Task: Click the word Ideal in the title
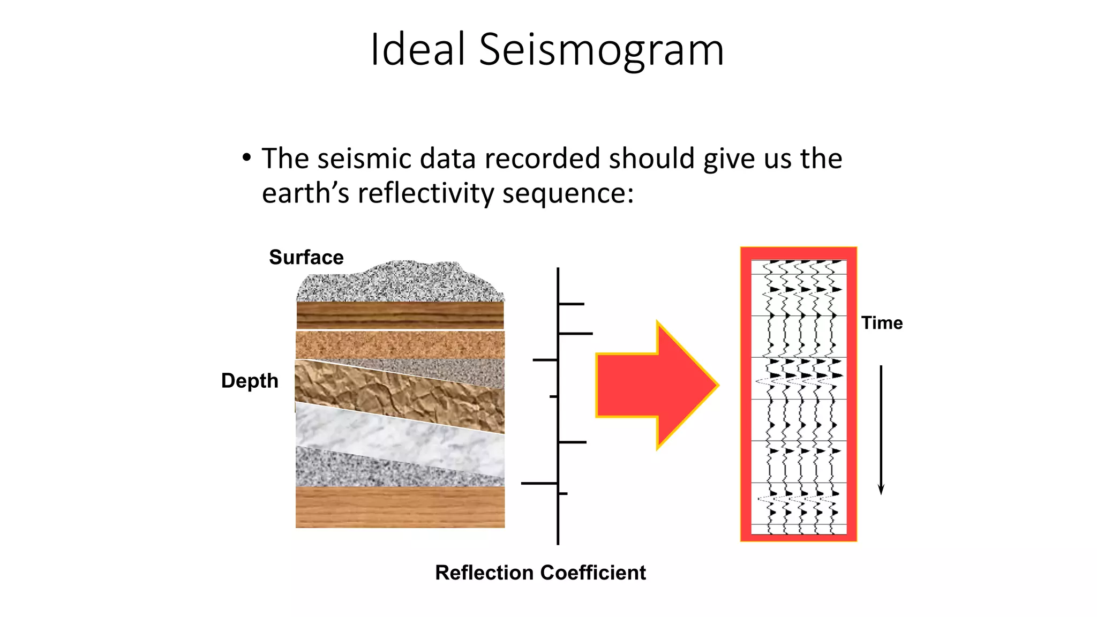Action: point(418,49)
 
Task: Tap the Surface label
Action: point(306,257)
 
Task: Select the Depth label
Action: point(250,381)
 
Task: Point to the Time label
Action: point(882,323)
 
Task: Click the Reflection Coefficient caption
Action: point(540,573)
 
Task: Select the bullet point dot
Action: point(246,157)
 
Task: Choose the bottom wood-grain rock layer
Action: point(400,507)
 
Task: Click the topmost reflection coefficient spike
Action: point(571,304)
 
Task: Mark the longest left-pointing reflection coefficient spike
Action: point(539,483)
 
